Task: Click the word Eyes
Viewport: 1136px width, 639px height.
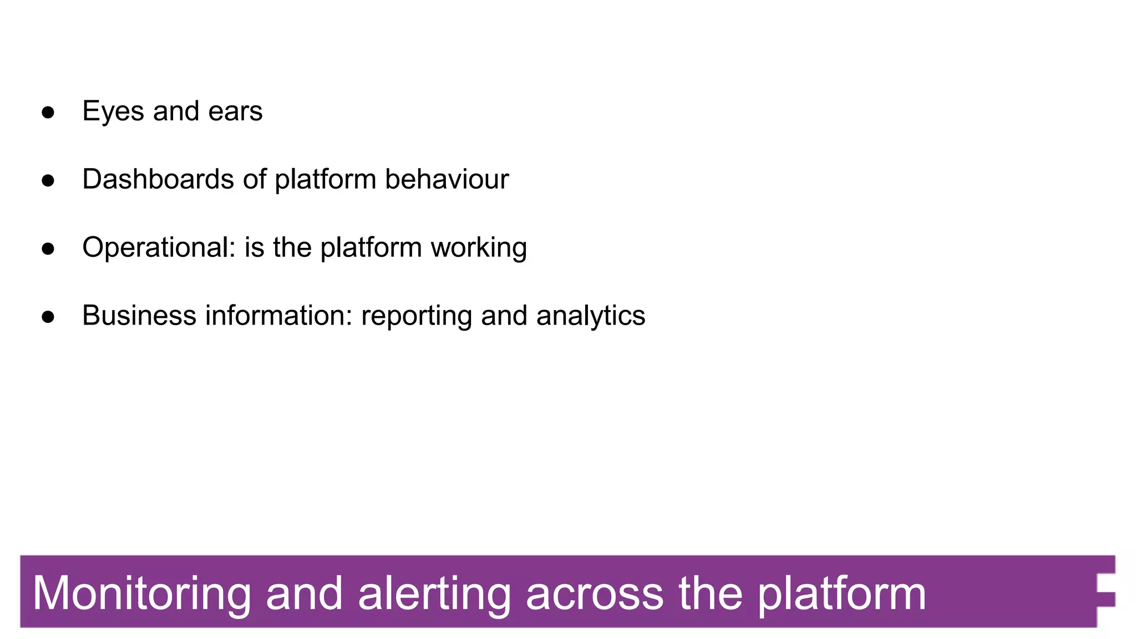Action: tap(113, 111)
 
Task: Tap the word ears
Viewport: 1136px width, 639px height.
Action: tap(235, 111)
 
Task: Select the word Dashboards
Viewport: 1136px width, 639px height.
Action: tap(158, 180)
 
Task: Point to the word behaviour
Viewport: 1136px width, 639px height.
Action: tap(447, 180)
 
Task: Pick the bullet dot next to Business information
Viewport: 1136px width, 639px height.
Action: tap(48, 317)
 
